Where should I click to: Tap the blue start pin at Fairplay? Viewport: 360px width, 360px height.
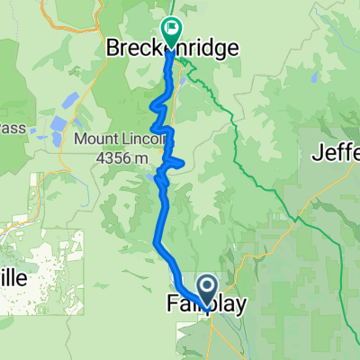206,293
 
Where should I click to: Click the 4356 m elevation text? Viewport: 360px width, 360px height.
124,158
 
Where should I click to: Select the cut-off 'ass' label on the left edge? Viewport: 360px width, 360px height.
11,128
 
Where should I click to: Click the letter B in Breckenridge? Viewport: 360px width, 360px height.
113,44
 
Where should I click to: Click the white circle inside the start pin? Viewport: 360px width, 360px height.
206,288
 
